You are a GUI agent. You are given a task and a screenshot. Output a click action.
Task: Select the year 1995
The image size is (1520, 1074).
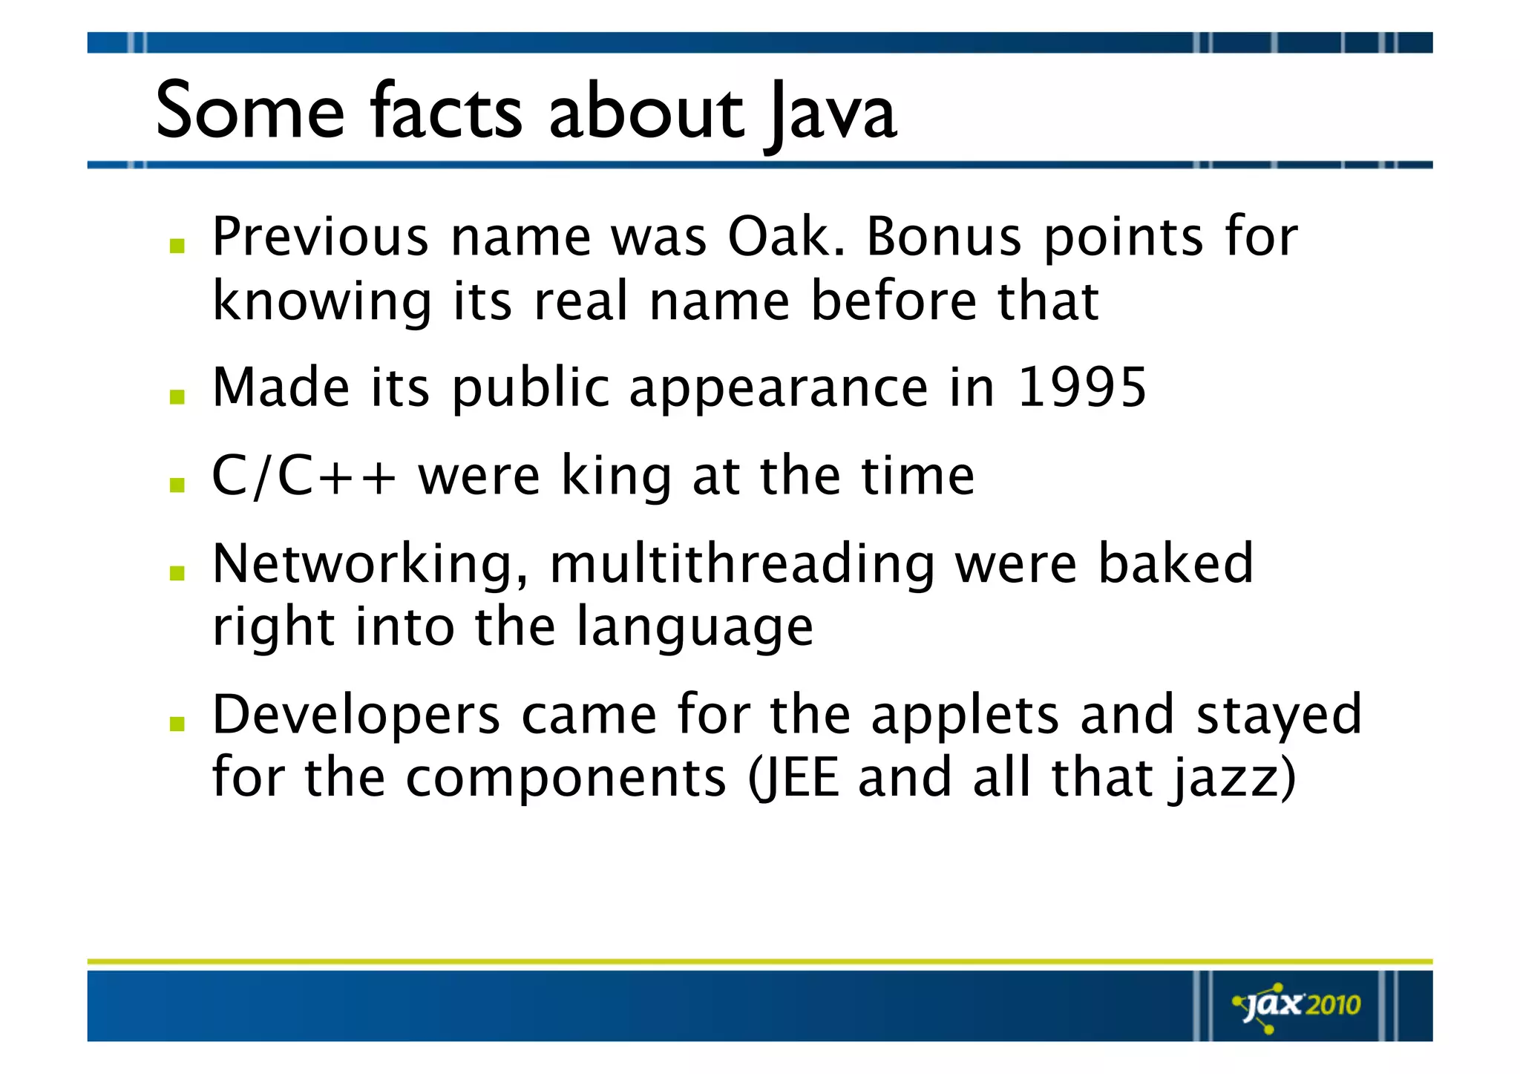tap(1082, 387)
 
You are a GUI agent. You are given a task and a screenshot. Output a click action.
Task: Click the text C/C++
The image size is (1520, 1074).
tap(304, 476)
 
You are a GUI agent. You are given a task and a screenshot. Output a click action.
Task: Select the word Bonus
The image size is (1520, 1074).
tap(944, 238)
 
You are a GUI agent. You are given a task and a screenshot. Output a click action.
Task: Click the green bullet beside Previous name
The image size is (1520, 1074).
tap(177, 246)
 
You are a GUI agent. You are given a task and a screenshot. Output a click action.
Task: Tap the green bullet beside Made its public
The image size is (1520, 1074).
tap(177, 397)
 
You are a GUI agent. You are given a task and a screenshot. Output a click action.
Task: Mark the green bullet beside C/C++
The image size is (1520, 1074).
tap(177, 485)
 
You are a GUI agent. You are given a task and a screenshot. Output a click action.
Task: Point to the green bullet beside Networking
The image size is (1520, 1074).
tap(177, 573)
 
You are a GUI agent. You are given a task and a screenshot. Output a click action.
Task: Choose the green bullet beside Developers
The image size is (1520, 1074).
tap(177, 724)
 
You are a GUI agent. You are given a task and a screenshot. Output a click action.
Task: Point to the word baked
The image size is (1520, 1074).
tap(1176, 564)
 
